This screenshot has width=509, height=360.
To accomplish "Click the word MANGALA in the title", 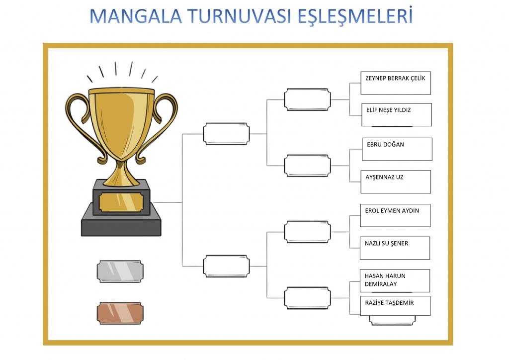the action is pos(135,16).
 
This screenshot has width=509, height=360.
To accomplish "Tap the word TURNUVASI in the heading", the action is pos(239,16).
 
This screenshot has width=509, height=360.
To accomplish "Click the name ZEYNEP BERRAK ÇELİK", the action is pos(395,78).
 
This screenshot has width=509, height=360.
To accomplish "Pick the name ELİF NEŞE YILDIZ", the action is pos(388,110).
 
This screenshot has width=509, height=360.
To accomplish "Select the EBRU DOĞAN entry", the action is pos(385,145).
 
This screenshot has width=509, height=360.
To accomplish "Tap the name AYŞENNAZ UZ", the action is pos(384,177).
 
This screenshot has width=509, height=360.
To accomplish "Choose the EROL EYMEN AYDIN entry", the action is pos(392,211).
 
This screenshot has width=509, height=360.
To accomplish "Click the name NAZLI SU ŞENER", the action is pos(386,244).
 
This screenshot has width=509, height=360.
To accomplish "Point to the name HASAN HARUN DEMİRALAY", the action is pos(385,280).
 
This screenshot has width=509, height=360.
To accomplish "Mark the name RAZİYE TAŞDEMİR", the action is pos(389,303).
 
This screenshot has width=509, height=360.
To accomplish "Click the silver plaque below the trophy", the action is pos(120,271).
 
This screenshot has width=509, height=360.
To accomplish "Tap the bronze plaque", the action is pos(120,313).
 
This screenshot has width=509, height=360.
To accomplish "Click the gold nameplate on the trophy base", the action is pos(121,202).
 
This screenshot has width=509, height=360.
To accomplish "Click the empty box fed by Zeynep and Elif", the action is pos(307,99).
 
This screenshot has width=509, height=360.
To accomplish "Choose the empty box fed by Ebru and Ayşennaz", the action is pos(307,166).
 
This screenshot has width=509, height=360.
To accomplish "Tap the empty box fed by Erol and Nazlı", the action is pos(307,232).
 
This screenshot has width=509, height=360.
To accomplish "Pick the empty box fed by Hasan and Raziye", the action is pos(307,298).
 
